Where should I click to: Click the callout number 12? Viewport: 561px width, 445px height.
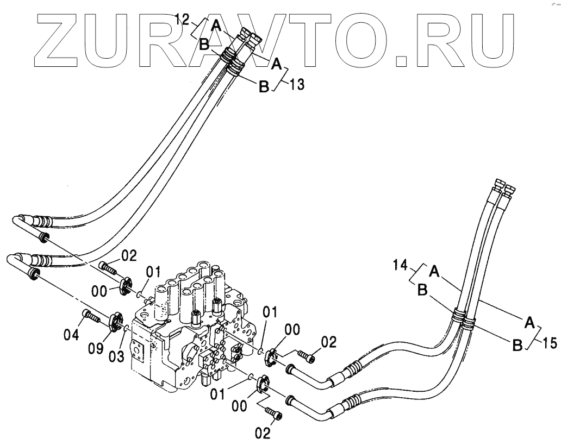click(x=182, y=21)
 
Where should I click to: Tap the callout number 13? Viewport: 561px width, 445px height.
click(x=297, y=85)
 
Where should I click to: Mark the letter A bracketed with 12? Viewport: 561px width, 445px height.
click(x=216, y=24)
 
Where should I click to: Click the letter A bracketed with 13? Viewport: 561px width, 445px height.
click(x=276, y=65)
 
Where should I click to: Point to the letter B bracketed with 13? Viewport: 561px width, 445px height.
click(x=264, y=86)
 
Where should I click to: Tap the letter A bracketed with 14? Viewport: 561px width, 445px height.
click(x=434, y=269)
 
